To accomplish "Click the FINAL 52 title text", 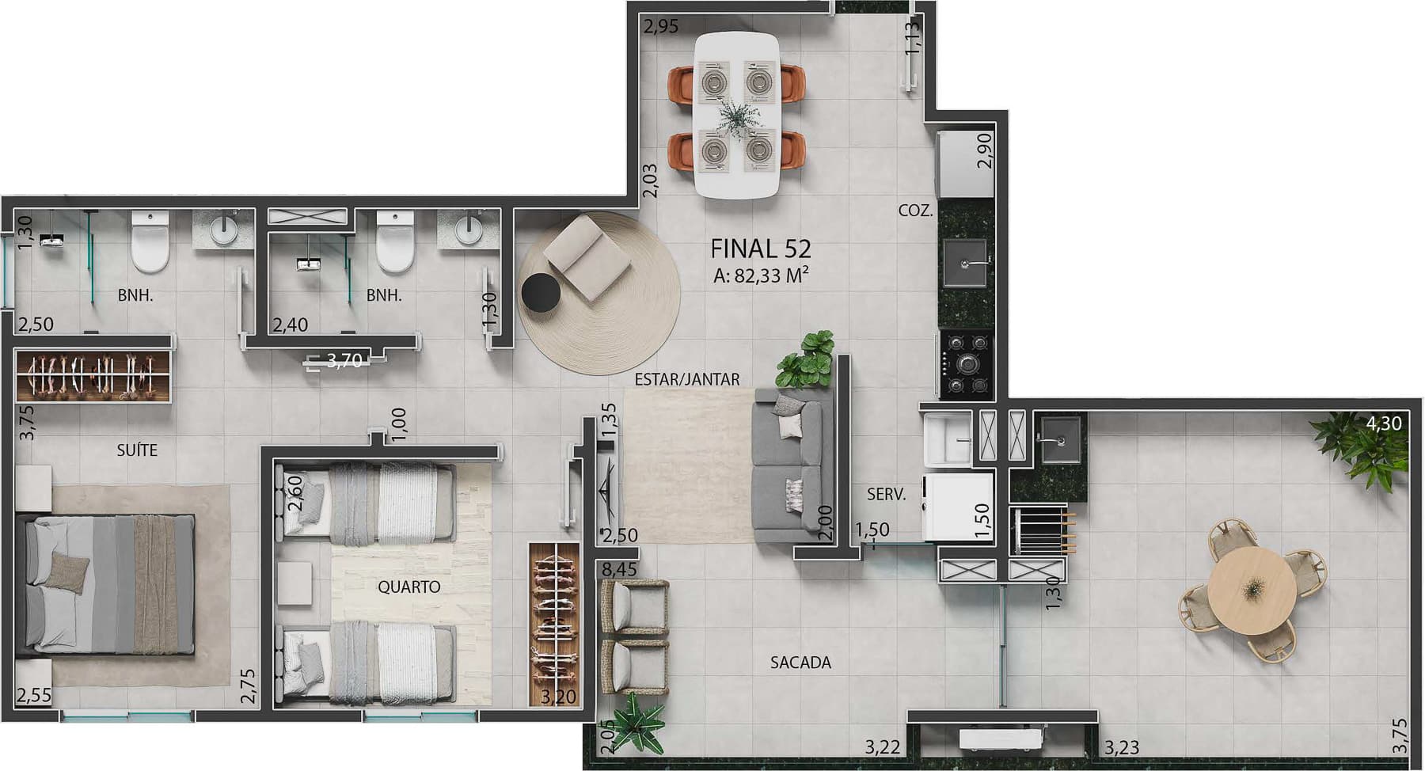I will tap(760, 249).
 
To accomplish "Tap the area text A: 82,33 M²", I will tap(760, 275).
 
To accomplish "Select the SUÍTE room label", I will tap(137, 450).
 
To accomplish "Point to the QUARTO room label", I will tap(408, 587).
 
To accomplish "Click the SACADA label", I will tap(800, 663).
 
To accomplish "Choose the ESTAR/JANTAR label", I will tap(687, 380).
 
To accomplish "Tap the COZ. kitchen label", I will tap(915, 211).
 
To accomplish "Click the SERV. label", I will tap(886, 495).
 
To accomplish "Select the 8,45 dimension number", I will tap(618, 569).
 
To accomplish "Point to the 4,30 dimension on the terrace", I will tap(1383, 423).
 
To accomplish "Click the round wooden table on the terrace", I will tap(1252, 589).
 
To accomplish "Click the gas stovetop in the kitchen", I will tap(967, 364).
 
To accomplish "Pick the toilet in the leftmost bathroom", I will tap(150, 241).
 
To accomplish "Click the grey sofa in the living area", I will tap(789, 465).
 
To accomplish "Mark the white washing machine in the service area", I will tap(958, 507).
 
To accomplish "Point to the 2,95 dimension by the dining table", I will tap(660, 27).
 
